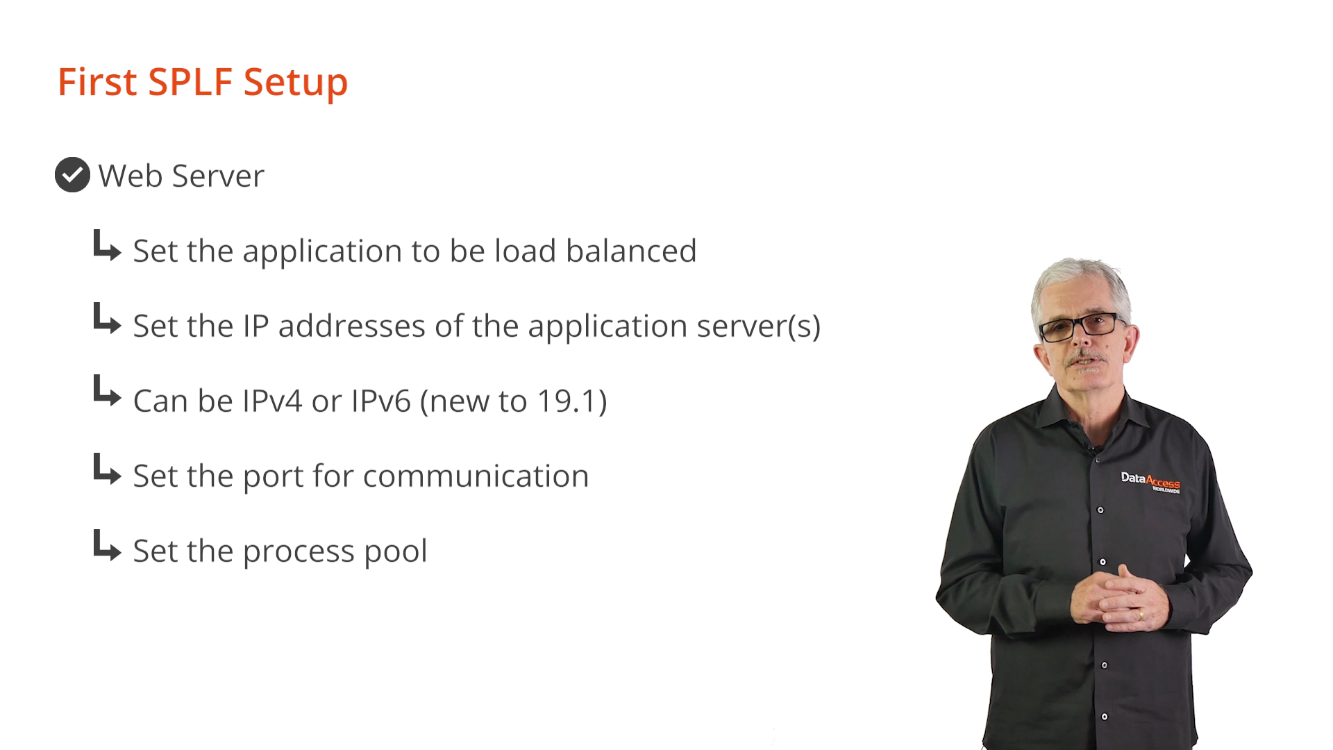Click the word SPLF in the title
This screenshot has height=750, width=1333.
coord(190,82)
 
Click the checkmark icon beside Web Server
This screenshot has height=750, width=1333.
coord(72,175)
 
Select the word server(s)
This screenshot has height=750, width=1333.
coord(759,326)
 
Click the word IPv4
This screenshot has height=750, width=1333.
coord(272,401)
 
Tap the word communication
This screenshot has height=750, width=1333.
coord(476,476)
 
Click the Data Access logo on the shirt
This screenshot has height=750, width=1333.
coord(1150,481)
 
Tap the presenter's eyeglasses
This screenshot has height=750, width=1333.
coord(1082,326)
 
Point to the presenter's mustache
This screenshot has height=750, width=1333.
coord(1086,358)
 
